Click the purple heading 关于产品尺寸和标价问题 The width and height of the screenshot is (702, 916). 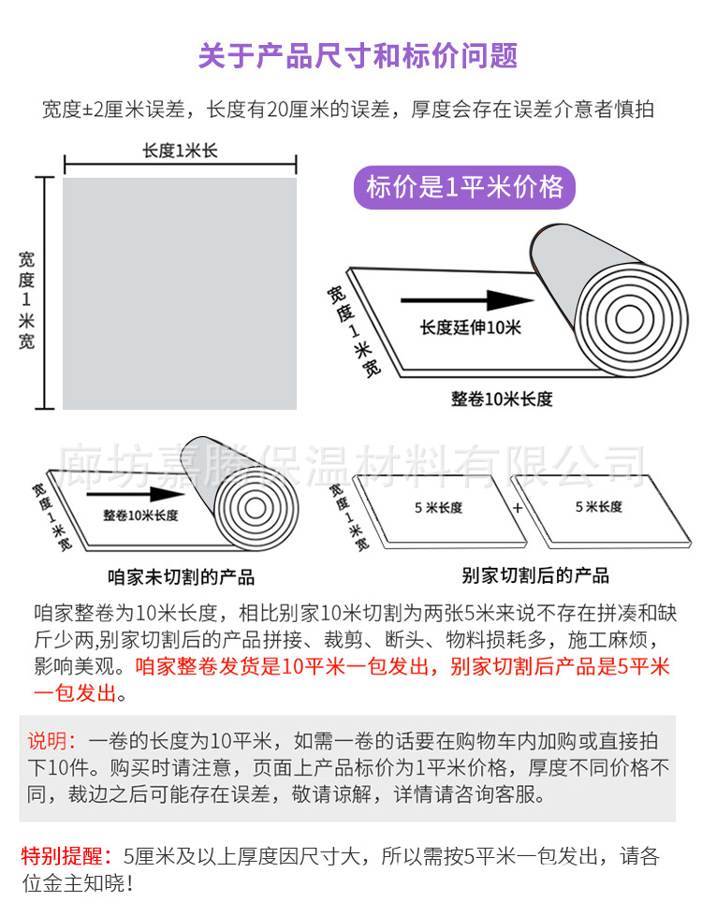coord(358,55)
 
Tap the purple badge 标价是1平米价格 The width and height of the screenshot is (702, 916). coord(464,187)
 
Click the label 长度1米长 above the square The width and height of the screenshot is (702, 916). coord(180,151)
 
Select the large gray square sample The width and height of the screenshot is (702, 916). coord(180,293)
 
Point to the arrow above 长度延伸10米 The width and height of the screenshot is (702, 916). coord(467,301)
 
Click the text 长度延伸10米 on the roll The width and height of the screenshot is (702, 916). coord(470,327)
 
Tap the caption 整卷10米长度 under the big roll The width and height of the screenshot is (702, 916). coord(502,399)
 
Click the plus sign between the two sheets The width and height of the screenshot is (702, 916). coord(517,508)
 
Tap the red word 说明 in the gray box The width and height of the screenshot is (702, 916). coord(51,741)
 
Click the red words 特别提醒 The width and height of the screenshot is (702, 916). coord(64,855)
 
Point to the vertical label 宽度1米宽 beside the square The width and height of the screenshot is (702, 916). coord(26,292)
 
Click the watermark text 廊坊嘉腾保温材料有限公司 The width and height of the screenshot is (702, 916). coord(352,460)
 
